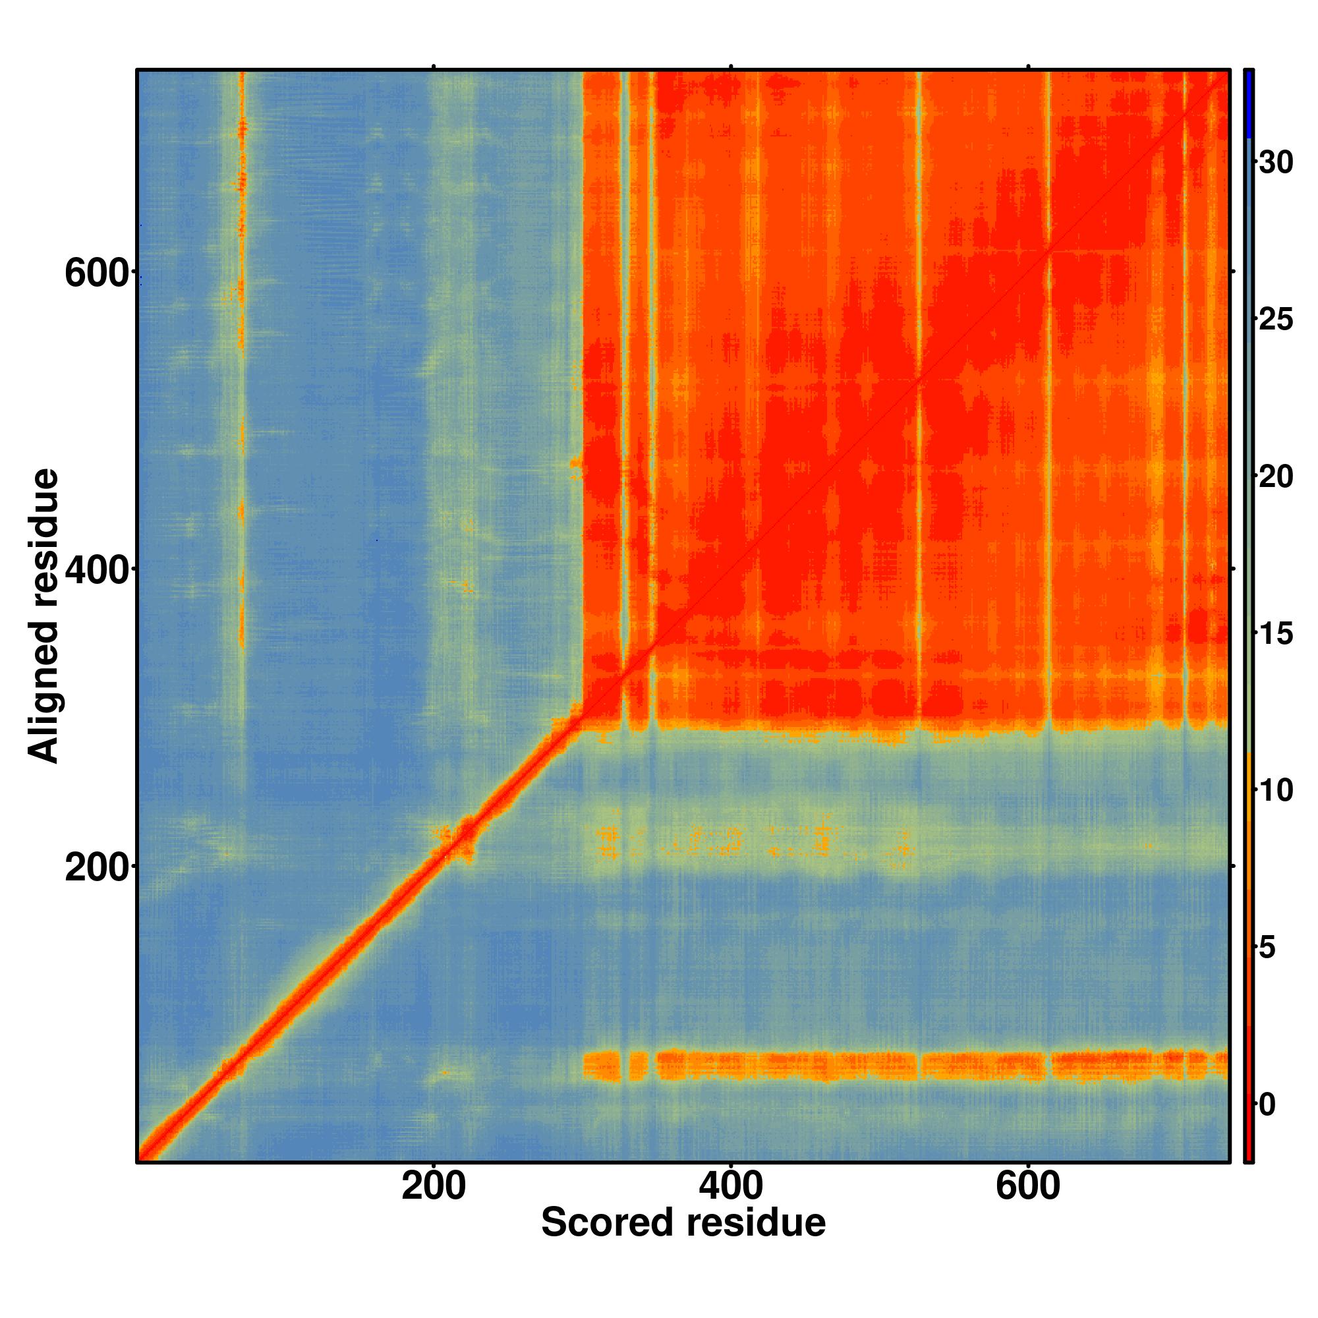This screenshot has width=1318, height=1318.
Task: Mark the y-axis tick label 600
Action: point(96,274)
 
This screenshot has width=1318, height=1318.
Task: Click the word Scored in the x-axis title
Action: point(607,1222)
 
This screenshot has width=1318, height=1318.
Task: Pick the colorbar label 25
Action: point(1276,320)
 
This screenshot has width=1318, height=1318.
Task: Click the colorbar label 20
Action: point(1276,477)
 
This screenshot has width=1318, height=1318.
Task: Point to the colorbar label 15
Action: point(1276,634)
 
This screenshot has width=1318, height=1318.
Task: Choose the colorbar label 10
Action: point(1276,791)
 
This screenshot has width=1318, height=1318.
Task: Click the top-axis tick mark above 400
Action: point(731,66)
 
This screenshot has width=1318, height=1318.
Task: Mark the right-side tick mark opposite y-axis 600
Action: point(1234,272)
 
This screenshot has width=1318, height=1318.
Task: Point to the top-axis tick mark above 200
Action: point(433,66)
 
